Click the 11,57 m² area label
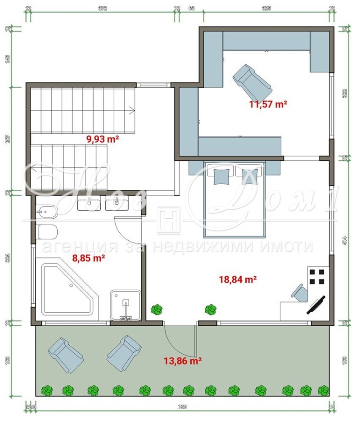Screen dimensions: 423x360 pos(268,104)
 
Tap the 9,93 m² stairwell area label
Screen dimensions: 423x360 pos(102,139)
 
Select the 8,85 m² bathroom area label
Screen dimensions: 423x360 pos(89,258)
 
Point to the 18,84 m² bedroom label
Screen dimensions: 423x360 pos(238,279)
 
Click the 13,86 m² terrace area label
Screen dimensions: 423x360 pos(182,360)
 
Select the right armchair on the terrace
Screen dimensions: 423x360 pos(124,354)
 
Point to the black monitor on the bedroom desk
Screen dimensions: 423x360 pos(317,305)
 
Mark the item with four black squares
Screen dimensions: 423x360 pos(317,276)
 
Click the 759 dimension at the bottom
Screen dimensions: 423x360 pos(182,407)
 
